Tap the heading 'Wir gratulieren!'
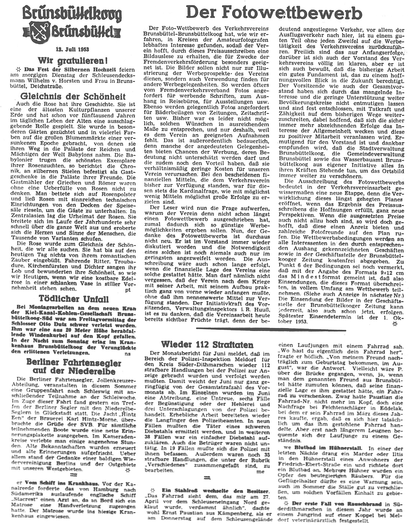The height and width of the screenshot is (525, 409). tap(72, 61)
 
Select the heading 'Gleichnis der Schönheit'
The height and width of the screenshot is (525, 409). tap(73, 97)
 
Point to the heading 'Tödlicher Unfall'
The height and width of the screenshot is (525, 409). tap(74, 299)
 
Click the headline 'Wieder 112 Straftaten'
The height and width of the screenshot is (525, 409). tap(207, 344)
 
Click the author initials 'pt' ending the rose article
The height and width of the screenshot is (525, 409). tap(128, 290)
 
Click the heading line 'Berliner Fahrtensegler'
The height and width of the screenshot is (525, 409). tap(74, 363)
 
